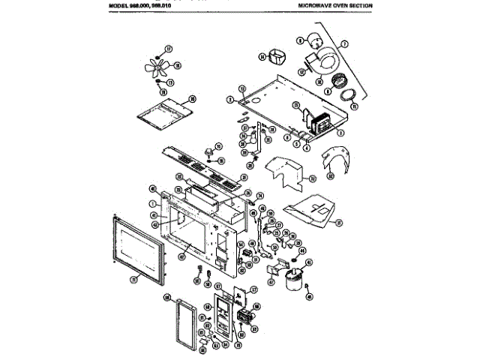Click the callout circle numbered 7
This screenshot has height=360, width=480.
(x=345, y=45)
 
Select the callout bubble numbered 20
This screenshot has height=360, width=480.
(x=192, y=98)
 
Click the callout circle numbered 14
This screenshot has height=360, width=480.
(x=262, y=56)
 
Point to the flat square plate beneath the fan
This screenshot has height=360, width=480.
(x=166, y=109)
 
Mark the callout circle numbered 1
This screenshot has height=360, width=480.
(x=152, y=203)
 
